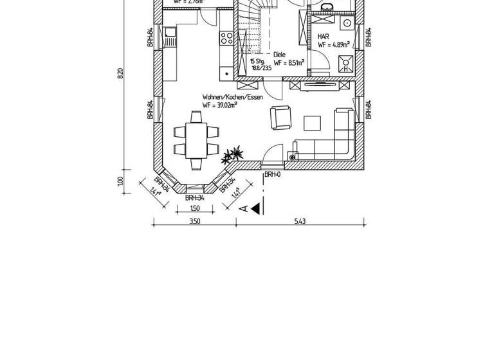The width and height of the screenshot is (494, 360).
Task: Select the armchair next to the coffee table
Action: pyautogui.click(x=280, y=118)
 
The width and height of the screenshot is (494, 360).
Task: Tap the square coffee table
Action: pyautogui.click(x=313, y=123)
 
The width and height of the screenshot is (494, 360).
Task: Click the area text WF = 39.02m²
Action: pyautogui.click(x=219, y=105)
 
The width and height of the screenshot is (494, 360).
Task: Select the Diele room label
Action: pyautogui.click(x=279, y=55)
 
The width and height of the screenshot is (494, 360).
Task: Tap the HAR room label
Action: pyautogui.click(x=324, y=37)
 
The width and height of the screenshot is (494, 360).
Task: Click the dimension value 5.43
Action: pyautogui.click(x=300, y=221)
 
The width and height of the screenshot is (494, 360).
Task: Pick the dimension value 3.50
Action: pyautogui.click(x=194, y=221)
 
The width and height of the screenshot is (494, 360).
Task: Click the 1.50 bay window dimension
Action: pyautogui.click(x=194, y=208)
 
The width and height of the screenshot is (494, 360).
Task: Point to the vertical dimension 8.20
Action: pyautogui.click(x=120, y=73)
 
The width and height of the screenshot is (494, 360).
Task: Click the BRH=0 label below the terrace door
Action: pyautogui.click(x=272, y=174)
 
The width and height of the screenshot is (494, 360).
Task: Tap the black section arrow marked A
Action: pyautogui.click(x=255, y=208)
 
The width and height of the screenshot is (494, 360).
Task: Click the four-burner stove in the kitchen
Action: pyautogui.click(x=226, y=38)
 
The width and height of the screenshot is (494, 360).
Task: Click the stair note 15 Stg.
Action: pyautogui.click(x=257, y=61)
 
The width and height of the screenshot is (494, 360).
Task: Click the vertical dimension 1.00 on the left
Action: pyautogui.click(x=120, y=181)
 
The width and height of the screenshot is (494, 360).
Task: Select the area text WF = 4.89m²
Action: pyautogui.click(x=333, y=45)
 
